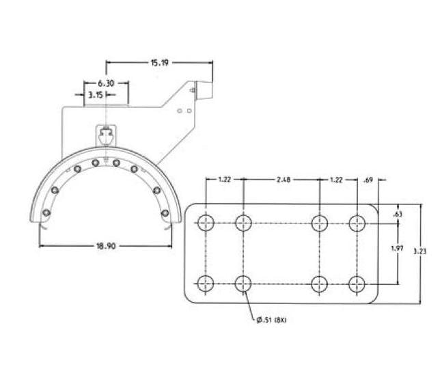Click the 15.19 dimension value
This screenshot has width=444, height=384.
click(x=160, y=62)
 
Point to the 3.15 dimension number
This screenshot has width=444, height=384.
click(x=94, y=96)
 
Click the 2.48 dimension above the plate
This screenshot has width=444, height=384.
click(x=281, y=180)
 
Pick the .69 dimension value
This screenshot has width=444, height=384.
click(x=368, y=180)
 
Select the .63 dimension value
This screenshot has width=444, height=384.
click(x=398, y=215)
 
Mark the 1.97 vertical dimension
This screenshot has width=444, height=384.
click(x=397, y=249)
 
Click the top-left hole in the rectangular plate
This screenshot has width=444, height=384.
click(x=206, y=222)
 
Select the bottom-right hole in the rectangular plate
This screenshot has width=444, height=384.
click(x=357, y=283)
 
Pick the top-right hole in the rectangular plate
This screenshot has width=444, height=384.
click(x=357, y=222)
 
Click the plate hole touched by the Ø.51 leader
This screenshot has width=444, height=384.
click(x=244, y=283)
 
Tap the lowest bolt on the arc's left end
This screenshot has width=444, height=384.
click(x=46, y=213)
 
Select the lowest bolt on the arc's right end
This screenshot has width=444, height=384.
click(x=165, y=213)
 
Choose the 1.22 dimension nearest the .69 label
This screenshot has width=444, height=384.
click(x=337, y=180)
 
